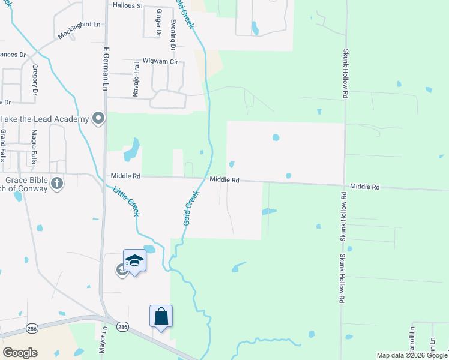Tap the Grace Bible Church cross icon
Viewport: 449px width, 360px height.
coord(57,183)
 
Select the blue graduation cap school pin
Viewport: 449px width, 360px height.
coord(134,261)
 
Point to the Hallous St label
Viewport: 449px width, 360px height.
coord(128,6)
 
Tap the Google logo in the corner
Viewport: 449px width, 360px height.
coord(20,353)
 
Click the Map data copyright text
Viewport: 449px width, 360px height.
coord(412,355)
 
